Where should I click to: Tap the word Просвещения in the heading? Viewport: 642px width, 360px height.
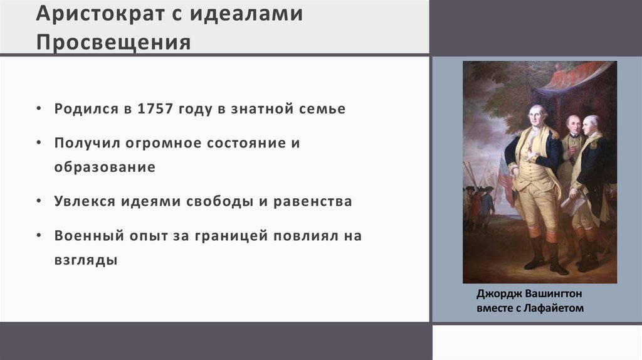point(113,42)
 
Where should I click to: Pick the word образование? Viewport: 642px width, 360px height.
point(105,168)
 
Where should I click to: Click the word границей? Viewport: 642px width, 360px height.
point(233,236)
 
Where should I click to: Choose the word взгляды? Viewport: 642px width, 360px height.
point(86,260)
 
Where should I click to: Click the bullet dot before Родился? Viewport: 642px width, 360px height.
point(39,109)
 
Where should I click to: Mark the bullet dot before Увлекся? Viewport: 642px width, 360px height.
point(39,203)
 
